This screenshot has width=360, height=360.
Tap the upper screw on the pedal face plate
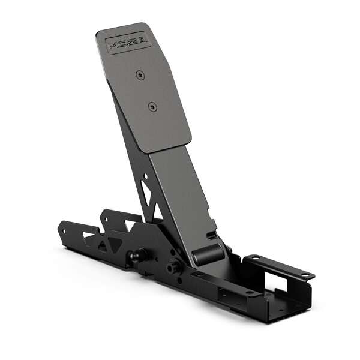(139, 74)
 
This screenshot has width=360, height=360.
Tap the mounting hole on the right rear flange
(305, 275)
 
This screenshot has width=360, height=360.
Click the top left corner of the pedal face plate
(98, 32)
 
